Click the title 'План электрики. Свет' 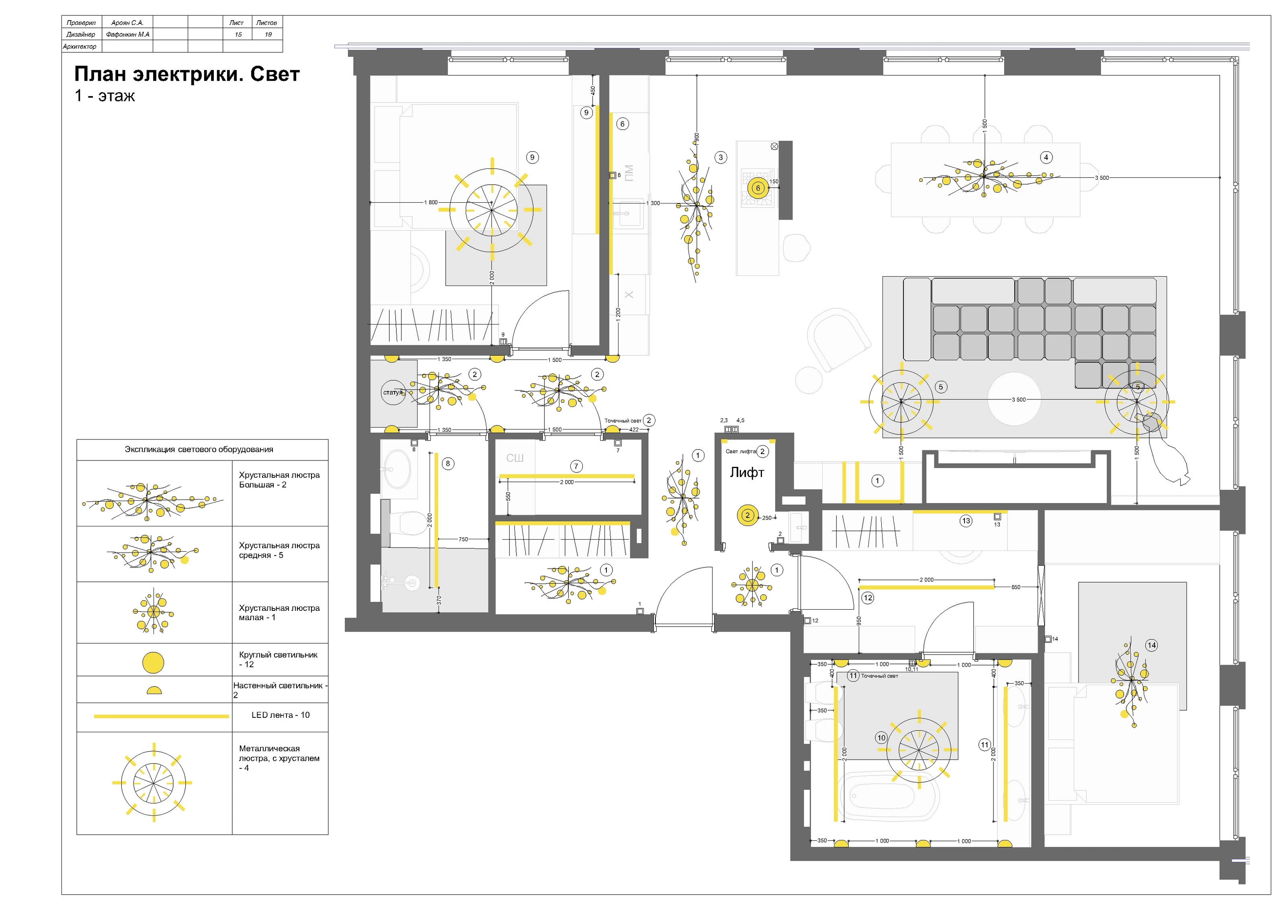click(x=187, y=74)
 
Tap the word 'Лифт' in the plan click(x=747, y=472)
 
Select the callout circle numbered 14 click(x=1152, y=645)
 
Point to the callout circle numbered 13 click(x=966, y=521)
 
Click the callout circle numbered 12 click(x=868, y=598)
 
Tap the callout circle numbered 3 click(x=721, y=158)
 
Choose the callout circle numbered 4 click(x=1046, y=158)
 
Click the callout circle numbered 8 click(x=448, y=463)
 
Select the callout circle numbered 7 click(x=576, y=466)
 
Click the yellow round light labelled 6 click(x=758, y=188)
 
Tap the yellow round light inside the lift click(x=747, y=516)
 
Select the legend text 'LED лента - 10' click(x=280, y=715)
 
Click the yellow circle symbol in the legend click(x=153, y=663)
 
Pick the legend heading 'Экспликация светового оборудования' click(x=199, y=450)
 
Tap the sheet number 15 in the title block click(x=238, y=35)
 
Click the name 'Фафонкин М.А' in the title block click(x=128, y=35)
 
